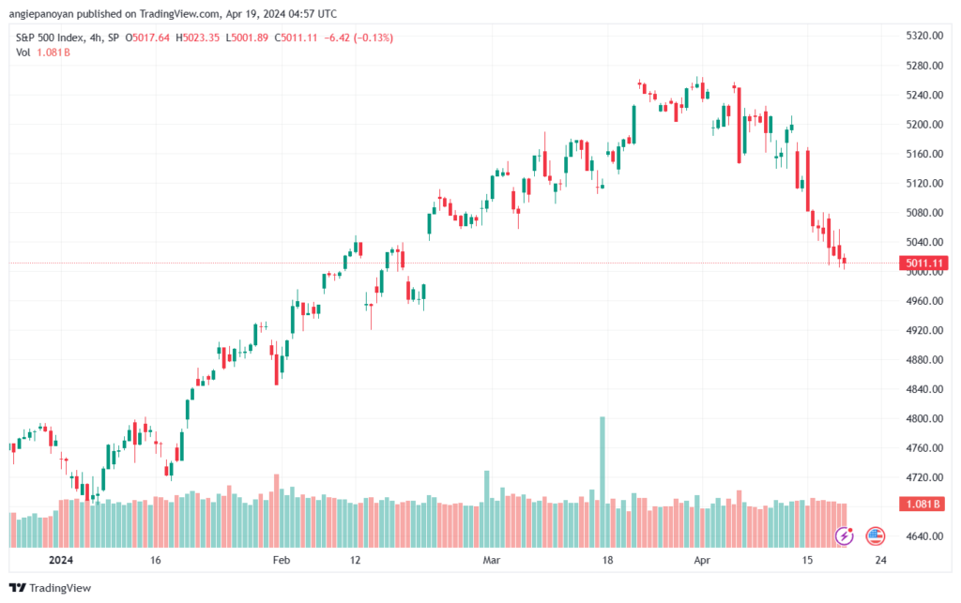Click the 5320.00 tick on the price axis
pos(924,36)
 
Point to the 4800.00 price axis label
pos(924,419)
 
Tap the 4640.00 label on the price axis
pos(924,536)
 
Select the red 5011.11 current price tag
pos(923,264)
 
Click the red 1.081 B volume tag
pos(923,504)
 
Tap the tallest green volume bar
pos(603,482)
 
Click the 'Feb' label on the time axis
pos(282,560)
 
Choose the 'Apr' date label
pos(702,560)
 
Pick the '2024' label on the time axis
pos(61,560)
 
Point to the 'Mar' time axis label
pos(492,560)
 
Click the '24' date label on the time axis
pos(880,560)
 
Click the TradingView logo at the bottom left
pos(51,588)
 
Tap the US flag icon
pos(876,536)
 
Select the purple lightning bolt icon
pos(845,536)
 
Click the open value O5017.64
pos(147,38)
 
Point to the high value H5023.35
pos(197,38)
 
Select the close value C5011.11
pos(296,38)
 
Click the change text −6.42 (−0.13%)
pos(358,38)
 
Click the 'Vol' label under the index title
pos(23,53)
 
